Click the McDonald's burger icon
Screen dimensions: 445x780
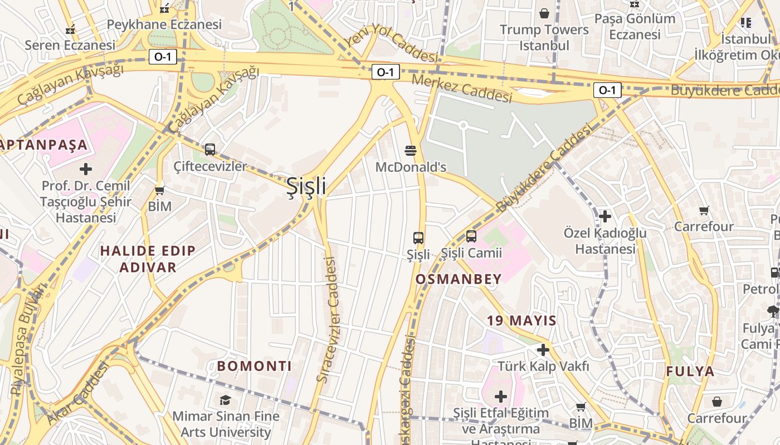pyautogui.click(x=411, y=150)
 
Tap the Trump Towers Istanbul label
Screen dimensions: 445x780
pyautogui.click(x=544, y=37)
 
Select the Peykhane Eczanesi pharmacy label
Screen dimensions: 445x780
pyautogui.click(x=164, y=24)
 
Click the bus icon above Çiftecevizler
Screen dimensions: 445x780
pyautogui.click(x=210, y=149)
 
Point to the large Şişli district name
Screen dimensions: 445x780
pyautogui.click(x=306, y=186)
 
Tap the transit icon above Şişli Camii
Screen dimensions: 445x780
pyautogui.click(x=471, y=236)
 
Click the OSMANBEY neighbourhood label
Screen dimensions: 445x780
pyautogui.click(x=458, y=279)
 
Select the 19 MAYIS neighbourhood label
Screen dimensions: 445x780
pyautogui.click(x=521, y=320)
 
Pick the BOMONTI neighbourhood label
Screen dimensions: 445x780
pyautogui.click(x=254, y=366)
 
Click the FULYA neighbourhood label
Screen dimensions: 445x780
pyautogui.click(x=690, y=371)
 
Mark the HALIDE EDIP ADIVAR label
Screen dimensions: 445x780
pyautogui.click(x=148, y=259)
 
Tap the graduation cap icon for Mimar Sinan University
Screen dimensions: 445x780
pyautogui.click(x=225, y=400)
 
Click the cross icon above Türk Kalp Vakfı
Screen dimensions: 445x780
pyautogui.click(x=543, y=350)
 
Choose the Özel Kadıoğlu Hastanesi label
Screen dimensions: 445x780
pyautogui.click(x=605, y=240)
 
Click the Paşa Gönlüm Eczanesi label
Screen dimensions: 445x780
pyautogui.click(x=635, y=26)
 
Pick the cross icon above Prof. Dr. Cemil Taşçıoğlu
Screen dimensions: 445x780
pyautogui.click(x=86, y=169)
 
